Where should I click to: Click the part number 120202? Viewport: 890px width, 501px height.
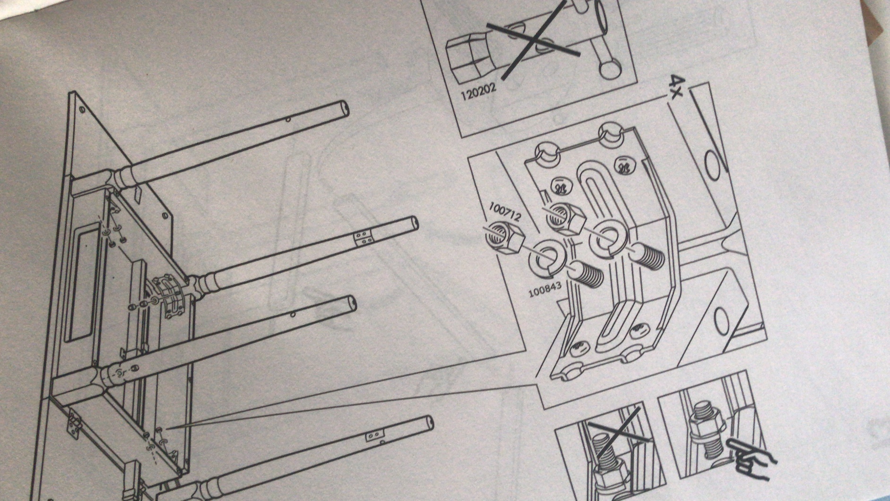click(478, 93)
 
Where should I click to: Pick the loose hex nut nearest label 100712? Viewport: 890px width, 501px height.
click(503, 237)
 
